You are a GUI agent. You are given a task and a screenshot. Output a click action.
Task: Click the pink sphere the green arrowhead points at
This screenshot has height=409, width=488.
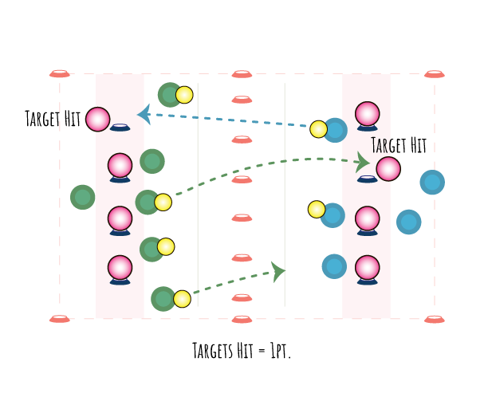coord(388,169)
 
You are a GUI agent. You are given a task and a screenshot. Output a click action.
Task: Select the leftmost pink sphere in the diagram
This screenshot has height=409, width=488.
coord(97,120)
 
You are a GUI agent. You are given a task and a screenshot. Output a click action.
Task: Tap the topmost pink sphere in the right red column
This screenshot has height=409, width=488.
coord(368,114)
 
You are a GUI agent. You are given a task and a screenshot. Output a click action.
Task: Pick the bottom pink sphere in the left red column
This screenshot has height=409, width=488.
coord(120,268)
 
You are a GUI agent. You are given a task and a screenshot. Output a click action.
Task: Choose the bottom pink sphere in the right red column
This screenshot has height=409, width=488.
coord(368,268)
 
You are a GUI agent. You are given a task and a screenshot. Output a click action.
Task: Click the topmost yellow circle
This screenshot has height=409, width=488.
coord(184,95)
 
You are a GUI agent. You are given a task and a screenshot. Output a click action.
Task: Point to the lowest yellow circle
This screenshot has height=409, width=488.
coord(182,299)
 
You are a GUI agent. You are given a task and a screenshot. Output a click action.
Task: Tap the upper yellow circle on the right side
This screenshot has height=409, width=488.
coord(318,129)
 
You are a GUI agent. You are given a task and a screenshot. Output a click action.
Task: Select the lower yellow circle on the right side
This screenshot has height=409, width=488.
coord(317,209)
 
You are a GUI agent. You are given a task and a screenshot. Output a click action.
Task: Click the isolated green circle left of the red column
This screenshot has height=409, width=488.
coord(82,197)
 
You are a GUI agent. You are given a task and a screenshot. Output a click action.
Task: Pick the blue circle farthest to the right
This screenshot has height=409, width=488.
coord(431,183)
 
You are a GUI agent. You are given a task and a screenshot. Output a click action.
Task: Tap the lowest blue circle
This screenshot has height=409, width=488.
coord(333,266)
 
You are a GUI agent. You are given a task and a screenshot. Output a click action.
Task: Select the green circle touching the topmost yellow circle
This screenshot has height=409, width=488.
coord(170,94)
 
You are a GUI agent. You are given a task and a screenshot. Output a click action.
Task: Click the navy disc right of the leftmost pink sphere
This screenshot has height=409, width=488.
coord(120,128)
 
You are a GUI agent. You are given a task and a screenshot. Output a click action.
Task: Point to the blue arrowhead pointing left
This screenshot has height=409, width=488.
coord(144,114)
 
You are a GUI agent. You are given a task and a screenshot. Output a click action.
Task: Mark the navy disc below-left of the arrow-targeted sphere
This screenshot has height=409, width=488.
coord(367,180)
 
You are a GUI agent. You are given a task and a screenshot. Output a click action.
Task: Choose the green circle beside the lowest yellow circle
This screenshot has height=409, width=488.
coord(163,300)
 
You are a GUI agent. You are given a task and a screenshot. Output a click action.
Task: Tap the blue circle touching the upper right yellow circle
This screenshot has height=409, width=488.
coord(336,130)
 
